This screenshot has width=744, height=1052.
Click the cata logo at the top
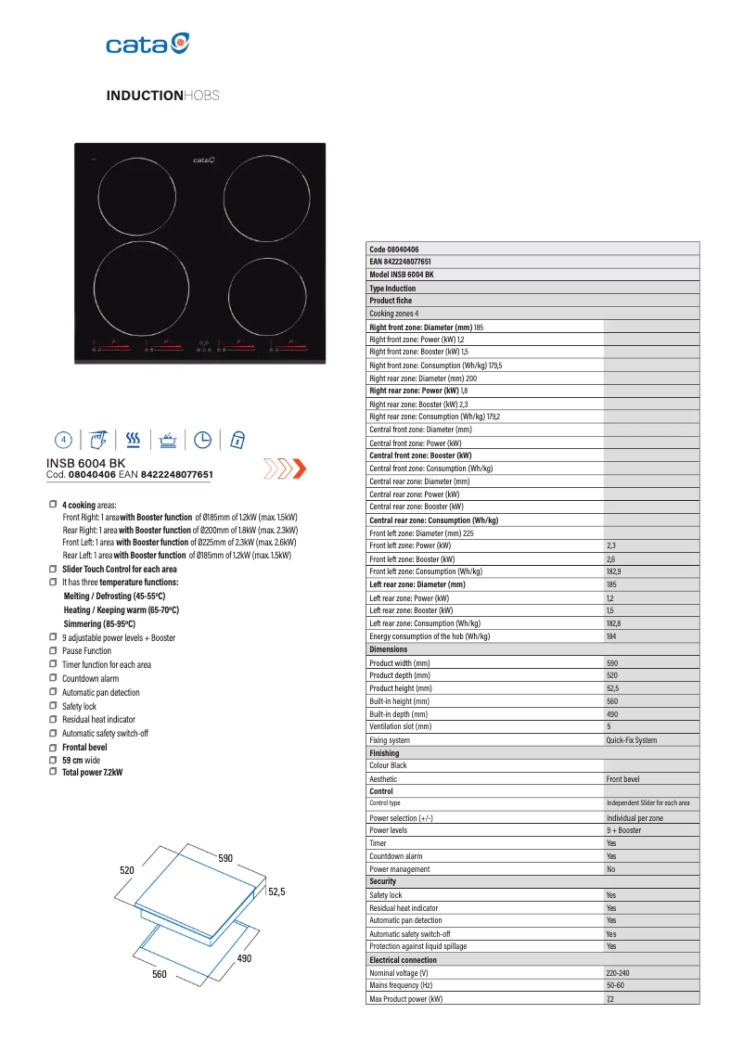coord(148,43)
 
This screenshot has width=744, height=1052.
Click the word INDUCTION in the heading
coord(145,96)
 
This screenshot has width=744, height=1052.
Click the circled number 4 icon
coord(63,439)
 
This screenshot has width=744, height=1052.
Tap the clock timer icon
coord(202,439)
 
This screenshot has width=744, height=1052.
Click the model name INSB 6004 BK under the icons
coord(85,462)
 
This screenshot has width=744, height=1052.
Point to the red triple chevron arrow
coord(285,468)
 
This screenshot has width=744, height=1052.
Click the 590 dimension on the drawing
coord(225,858)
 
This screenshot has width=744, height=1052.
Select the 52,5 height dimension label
coord(276,892)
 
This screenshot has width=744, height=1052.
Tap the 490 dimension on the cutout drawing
coord(244,957)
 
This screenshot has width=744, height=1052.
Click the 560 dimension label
coord(160,975)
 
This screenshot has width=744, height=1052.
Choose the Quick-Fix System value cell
coord(631,740)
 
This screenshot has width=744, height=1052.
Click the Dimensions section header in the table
coord(389,649)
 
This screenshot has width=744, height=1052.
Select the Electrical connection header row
coord(403,959)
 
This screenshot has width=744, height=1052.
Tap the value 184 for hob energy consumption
coord(611,636)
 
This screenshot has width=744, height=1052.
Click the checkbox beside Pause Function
coord(53,651)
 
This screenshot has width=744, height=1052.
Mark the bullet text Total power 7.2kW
coord(92,772)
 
